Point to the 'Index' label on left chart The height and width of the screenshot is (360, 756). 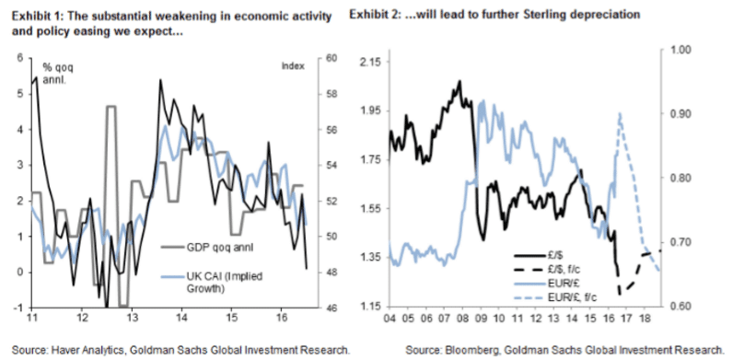pos(294,64)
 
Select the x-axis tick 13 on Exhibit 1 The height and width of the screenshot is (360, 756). pos(133,319)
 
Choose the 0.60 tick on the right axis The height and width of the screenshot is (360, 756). pos(678,305)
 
